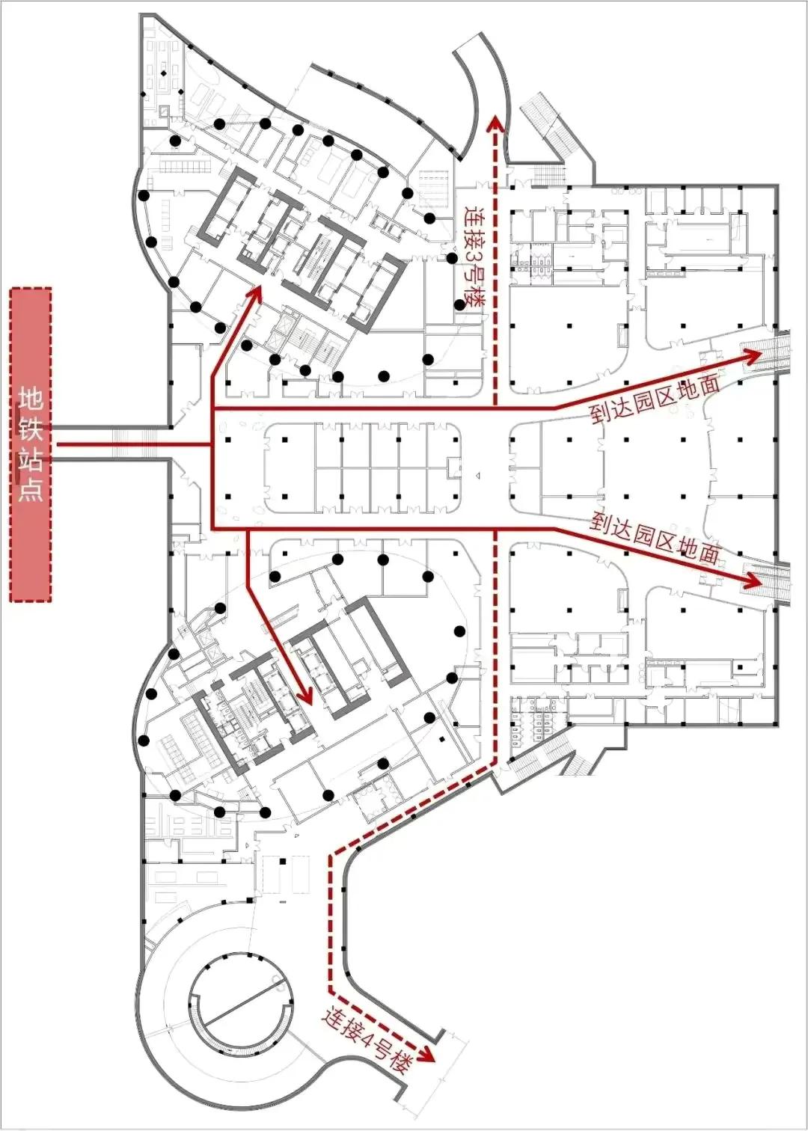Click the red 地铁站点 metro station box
click(x=30, y=445)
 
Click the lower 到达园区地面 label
click(x=655, y=539)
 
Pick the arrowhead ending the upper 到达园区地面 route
click(x=753, y=356)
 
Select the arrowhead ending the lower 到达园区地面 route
click(x=753, y=582)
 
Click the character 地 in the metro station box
click(x=30, y=399)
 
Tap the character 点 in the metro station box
click(x=30, y=488)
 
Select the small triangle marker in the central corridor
click(x=478, y=476)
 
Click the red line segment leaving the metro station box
click(x=134, y=445)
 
